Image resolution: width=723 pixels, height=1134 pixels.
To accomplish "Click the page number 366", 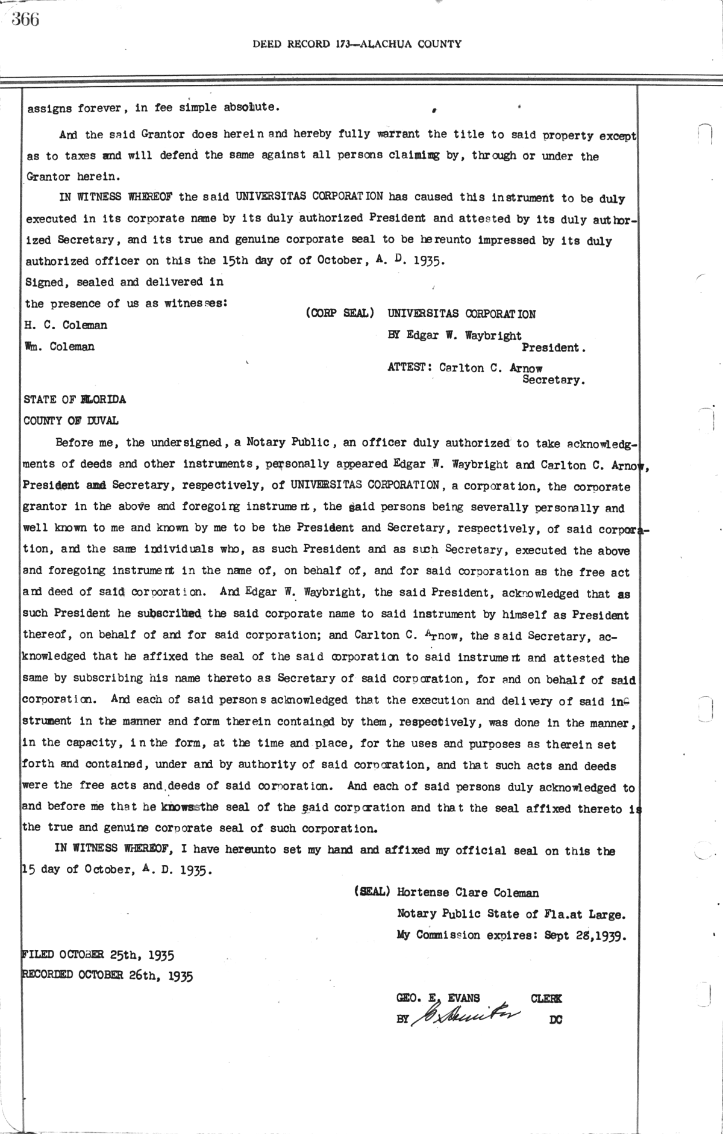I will point(25,19).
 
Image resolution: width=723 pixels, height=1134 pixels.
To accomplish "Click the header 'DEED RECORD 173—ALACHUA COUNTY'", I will point(357,43).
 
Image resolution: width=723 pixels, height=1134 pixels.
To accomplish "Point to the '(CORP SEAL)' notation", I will point(340,314).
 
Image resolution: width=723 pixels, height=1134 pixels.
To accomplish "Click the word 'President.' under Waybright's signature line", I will point(554,348).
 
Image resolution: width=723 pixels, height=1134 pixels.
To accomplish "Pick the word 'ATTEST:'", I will point(410,368).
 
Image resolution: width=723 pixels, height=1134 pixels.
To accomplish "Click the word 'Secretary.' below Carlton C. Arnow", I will point(554,380).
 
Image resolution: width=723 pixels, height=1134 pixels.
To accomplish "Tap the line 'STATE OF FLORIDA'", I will point(75,400).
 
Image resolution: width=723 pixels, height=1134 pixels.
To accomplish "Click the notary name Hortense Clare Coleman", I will point(468,893).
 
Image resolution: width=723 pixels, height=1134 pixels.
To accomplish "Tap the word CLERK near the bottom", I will point(546,998).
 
